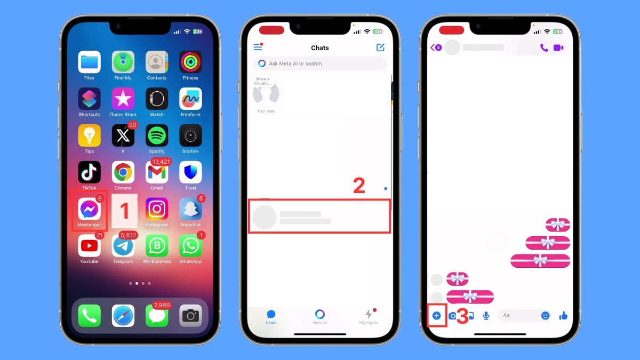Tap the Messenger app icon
click(89, 209)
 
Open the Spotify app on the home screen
click(157, 135)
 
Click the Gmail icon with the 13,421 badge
click(157, 172)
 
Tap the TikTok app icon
click(89, 172)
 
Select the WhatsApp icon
click(190, 246)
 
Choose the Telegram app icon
click(123, 246)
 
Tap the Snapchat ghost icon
click(190, 209)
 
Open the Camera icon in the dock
click(190, 316)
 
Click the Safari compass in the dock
click(123, 316)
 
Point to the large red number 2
click(359, 186)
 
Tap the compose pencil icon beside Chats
click(380, 47)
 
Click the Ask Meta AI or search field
click(320, 63)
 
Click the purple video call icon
click(558, 47)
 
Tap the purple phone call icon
click(543, 47)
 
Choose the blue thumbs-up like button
click(563, 316)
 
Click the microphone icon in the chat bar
click(486, 316)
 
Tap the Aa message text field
click(517, 316)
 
